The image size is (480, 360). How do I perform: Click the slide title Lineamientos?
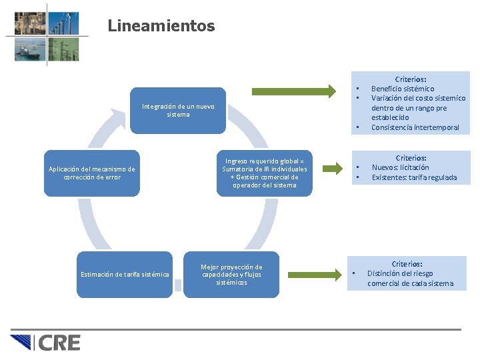pyautogui.click(x=161, y=26)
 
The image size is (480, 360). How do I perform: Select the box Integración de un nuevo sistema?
pyautogui.click(x=178, y=110)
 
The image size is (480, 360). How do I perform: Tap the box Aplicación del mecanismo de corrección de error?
pyautogui.click(x=92, y=173)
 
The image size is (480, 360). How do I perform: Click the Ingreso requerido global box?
pyautogui.click(x=265, y=173)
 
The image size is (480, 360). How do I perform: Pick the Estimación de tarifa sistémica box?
pyautogui.click(x=125, y=274)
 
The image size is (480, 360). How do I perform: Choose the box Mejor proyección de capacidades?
pyautogui.click(x=231, y=275)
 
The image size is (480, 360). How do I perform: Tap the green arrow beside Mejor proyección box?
pyautogui.click(x=313, y=273)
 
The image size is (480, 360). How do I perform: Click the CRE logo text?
pyautogui.click(x=59, y=343)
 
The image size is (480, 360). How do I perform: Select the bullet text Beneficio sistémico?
pyautogui.click(x=403, y=89)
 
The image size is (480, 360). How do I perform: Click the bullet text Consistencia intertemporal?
pyautogui.click(x=415, y=127)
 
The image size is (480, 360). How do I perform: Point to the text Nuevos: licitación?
pyautogui.click(x=401, y=167)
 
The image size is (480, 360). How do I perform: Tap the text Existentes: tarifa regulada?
pyautogui.click(x=414, y=177)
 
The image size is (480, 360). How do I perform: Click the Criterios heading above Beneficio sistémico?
pyautogui.click(x=411, y=79)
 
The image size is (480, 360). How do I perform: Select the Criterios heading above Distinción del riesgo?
pyautogui.click(x=407, y=264)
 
